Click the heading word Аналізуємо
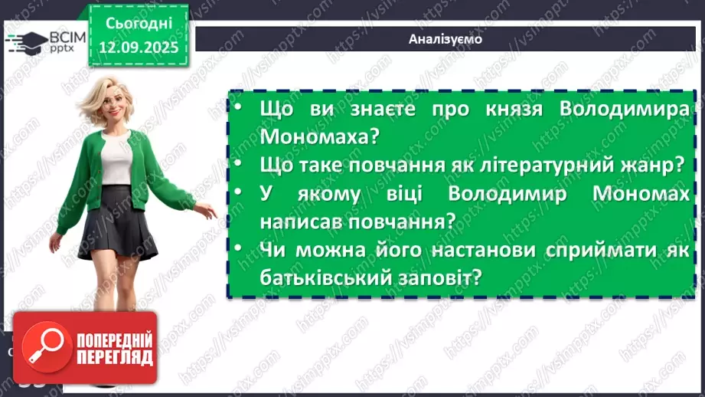446,39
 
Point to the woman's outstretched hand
206,212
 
